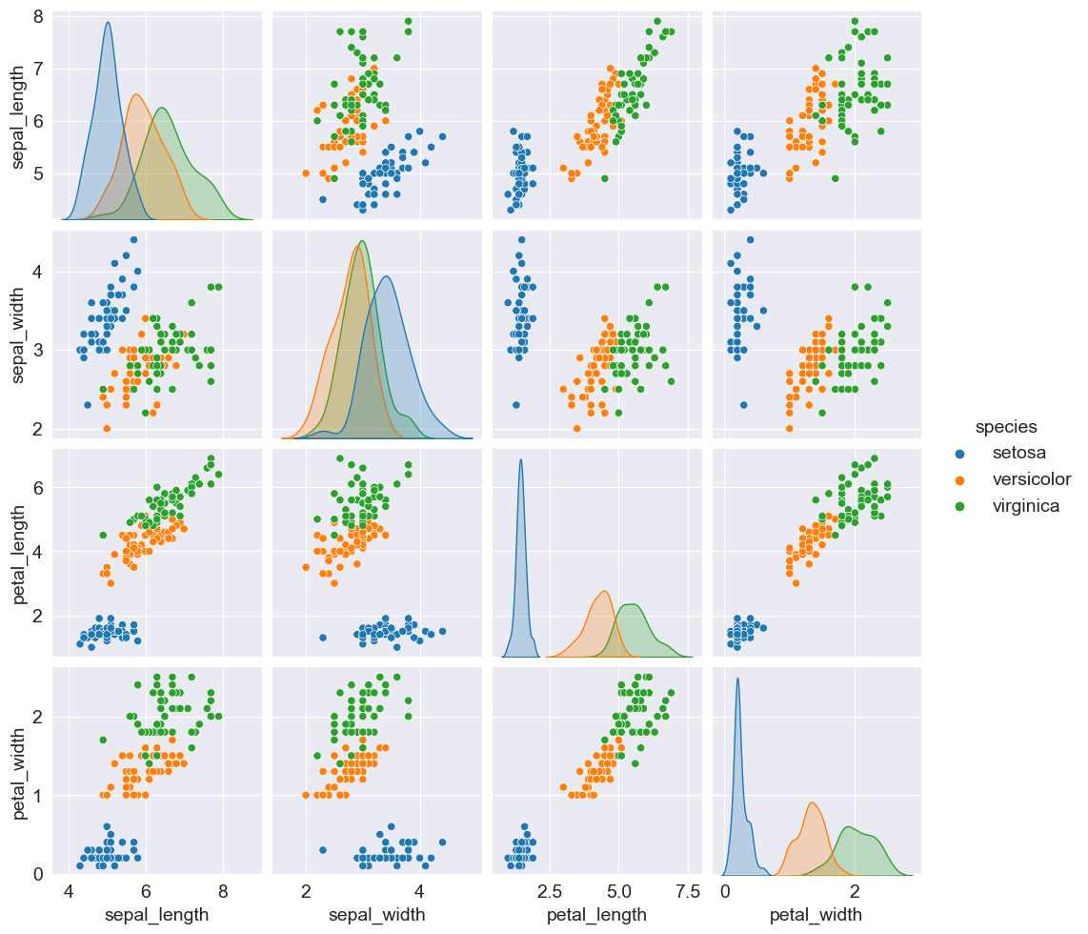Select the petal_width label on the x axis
[x=817, y=916]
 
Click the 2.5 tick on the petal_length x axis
[x=549, y=892]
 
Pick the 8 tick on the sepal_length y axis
[x=35, y=17]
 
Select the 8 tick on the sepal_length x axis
[x=223, y=892]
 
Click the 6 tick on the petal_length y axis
[x=35, y=488]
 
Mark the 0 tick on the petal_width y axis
[x=35, y=874]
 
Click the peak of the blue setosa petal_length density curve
[x=520, y=459]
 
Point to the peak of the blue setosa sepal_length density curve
[x=108, y=22]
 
